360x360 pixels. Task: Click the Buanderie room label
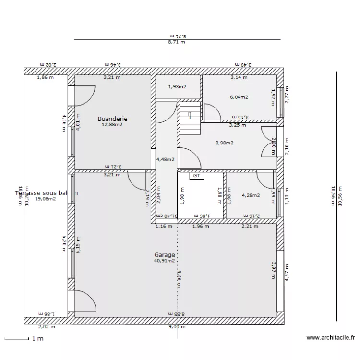[x=112, y=119]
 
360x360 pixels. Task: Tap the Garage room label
[x=164, y=255]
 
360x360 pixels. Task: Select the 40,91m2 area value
[x=164, y=261]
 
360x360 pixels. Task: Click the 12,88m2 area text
[x=112, y=124]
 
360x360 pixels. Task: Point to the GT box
[x=196, y=176]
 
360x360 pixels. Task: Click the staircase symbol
[x=190, y=122]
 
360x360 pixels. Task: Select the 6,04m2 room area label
[x=239, y=97]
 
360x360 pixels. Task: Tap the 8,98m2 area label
[x=224, y=143]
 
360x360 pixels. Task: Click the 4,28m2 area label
[x=251, y=195]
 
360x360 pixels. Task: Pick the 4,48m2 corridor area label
[x=165, y=160]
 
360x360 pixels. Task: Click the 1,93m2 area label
[x=177, y=87]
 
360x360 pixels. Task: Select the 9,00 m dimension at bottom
[x=176, y=327]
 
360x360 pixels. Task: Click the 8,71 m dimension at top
[x=176, y=42]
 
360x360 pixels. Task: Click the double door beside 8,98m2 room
[x=268, y=142]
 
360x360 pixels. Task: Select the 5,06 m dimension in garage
[x=179, y=278]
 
